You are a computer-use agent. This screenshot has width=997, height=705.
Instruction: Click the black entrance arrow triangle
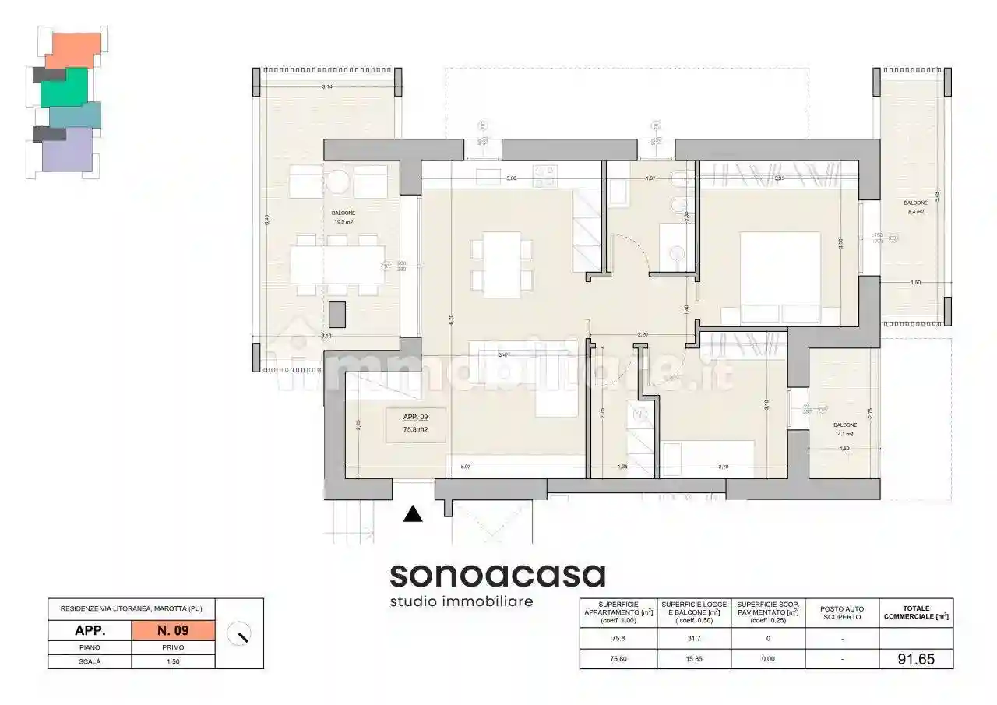tap(413, 514)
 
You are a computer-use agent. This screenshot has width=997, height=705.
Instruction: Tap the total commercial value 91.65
tap(915, 658)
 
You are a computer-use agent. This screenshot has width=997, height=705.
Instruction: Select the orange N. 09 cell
tap(173, 629)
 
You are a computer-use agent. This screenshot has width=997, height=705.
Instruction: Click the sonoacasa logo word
tap(497, 576)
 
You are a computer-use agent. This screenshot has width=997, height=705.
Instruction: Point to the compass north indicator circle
tap(239, 635)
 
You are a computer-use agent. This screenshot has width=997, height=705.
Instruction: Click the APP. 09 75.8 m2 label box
tap(416, 425)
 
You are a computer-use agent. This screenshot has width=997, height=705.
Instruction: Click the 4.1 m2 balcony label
tap(844, 429)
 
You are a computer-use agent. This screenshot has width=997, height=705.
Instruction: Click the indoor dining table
tap(502, 264)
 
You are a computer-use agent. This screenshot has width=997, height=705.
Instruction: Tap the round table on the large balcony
tap(338, 182)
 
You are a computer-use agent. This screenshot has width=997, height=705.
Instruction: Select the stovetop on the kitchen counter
tap(544, 172)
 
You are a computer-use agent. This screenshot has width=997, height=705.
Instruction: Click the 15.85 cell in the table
tap(694, 658)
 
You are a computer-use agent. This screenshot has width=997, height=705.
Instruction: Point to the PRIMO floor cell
tap(173, 647)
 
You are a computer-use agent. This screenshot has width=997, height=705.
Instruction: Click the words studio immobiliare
tap(461, 601)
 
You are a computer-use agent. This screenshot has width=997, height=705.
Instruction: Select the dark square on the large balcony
tap(337, 313)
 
